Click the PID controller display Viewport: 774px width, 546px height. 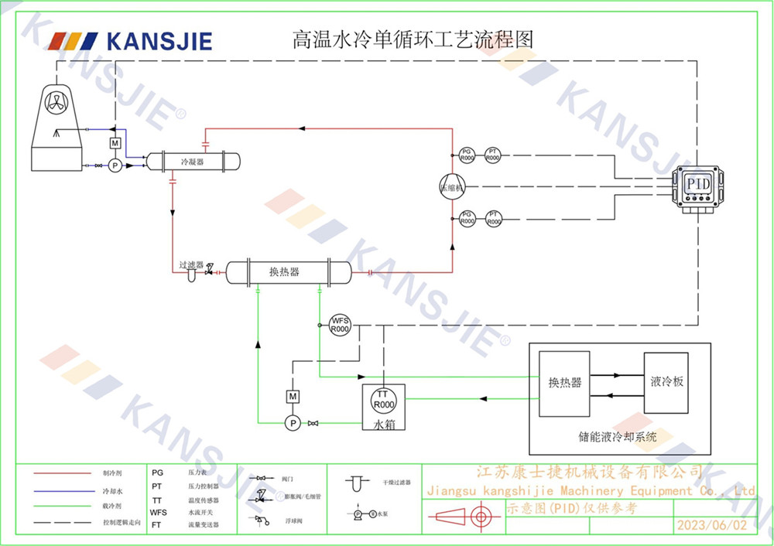pos(698,184)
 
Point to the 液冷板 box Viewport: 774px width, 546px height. pos(666,383)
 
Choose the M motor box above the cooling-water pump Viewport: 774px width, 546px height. pos(115,144)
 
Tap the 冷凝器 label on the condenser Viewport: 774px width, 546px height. pos(192,162)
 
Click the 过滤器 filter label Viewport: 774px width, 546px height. pos(190,264)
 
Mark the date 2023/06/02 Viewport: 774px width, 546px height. pos(712,525)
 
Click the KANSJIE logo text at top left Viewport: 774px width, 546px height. pos(158,41)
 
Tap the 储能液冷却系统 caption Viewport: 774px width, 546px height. pos(618,437)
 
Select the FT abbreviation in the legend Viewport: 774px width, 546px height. pos(156,524)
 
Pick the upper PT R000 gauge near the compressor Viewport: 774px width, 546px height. pos(492,154)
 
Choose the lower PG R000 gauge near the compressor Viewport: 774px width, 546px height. pos(467,218)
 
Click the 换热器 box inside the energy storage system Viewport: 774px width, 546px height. pos(565,383)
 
